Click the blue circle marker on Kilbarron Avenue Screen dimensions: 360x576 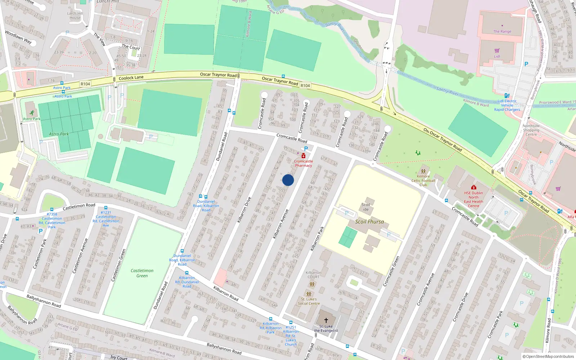tap(288, 180)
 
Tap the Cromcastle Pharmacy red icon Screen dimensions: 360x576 tap(303, 156)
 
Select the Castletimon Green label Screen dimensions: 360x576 tap(142, 273)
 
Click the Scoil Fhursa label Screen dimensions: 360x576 tap(369, 222)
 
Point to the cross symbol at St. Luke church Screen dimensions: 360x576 tap(326, 320)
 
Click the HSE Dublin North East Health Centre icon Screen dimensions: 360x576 tap(474, 187)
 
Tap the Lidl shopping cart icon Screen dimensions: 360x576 tap(497, 51)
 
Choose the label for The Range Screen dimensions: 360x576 tap(502, 32)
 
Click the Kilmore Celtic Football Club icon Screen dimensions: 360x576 tap(423, 171)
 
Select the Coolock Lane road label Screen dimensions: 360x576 tap(131, 78)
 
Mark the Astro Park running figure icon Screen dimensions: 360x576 tap(32, 113)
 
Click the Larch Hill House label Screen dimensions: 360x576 tap(75, 15)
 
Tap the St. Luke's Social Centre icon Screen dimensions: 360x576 tap(309, 293)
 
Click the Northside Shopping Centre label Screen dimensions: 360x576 tap(531, 130)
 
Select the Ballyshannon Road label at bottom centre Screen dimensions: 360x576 tap(224, 348)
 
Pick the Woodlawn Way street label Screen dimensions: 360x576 tap(18, 37)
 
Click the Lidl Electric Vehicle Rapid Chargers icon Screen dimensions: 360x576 tap(507, 96)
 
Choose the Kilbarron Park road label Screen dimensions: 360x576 tap(317, 238)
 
